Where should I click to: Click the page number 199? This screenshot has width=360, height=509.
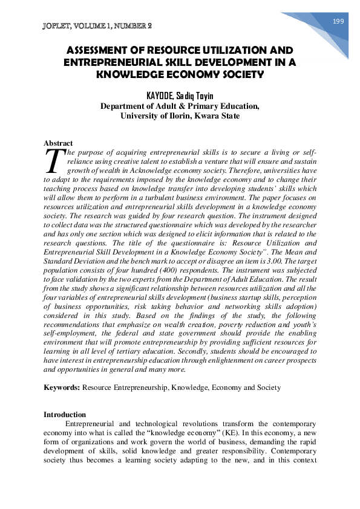pos(338,21)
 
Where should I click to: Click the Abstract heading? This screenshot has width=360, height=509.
pos(58,143)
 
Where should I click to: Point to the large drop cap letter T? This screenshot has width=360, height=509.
pos(54,160)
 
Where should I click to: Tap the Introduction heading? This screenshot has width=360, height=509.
pos(65,414)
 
